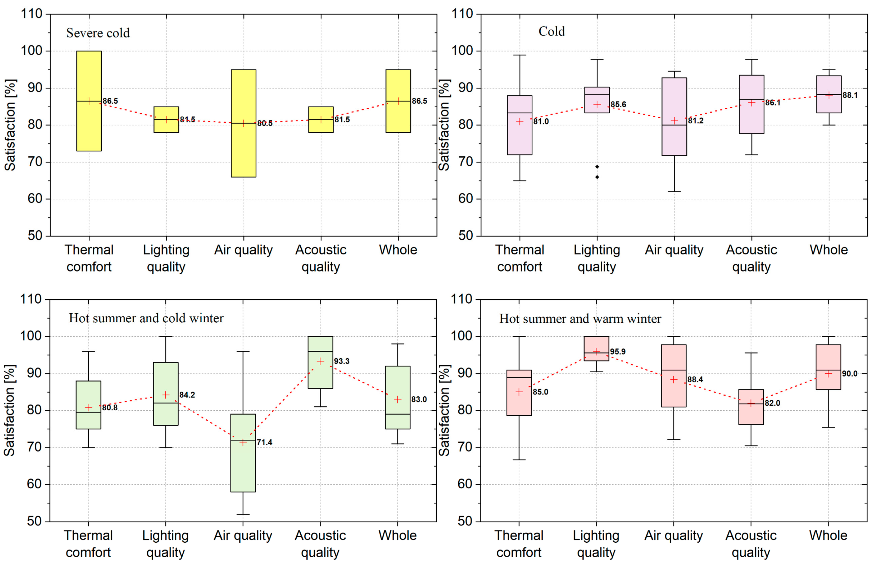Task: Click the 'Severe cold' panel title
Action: pyautogui.click(x=98, y=33)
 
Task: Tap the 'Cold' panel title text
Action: pyautogui.click(x=551, y=32)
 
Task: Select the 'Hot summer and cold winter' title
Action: pyautogui.click(x=146, y=318)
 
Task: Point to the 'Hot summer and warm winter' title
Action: pyautogui.click(x=580, y=319)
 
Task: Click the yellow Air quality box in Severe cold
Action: pyautogui.click(x=243, y=147)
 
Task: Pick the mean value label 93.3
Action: pyautogui.click(x=342, y=361)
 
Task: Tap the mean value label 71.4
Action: pyautogui.click(x=264, y=442)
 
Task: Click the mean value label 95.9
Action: pyautogui.click(x=618, y=352)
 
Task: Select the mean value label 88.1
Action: pyautogui.click(x=850, y=95)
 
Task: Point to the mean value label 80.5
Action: pyautogui.click(x=264, y=124)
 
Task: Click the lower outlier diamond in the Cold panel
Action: pyautogui.click(x=597, y=177)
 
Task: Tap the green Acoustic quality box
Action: pyautogui.click(x=320, y=374)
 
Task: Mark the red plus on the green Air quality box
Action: pyautogui.click(x=243, y=442)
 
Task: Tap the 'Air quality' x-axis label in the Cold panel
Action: pyautogui.click(x=674, y=250)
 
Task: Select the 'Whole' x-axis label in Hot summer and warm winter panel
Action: pyautogui.click(x=828, y=535)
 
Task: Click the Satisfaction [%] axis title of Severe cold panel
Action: pyautogui.click(x=10, y=125)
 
